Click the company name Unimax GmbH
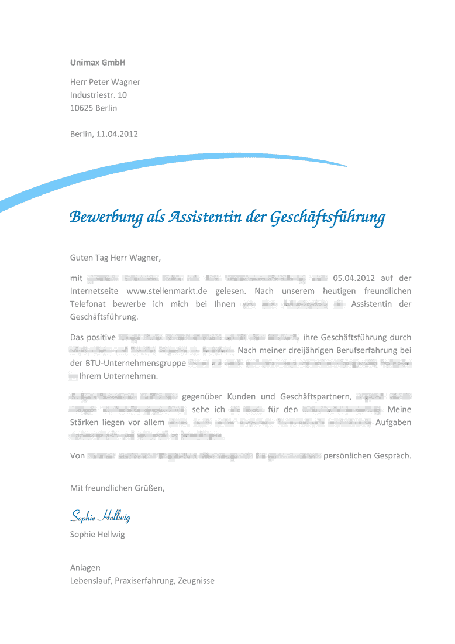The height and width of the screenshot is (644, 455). (x=98, y=62)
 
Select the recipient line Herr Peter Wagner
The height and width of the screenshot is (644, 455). (x=105, y=82)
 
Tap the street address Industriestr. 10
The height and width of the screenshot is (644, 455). (x=98, y=95)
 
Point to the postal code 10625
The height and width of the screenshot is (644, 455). (x=81, y=108)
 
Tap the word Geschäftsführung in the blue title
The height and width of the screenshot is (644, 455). (x=327, y=218)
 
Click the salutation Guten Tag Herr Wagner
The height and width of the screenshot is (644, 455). (x=115, y=257)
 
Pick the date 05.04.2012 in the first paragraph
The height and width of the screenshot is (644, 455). (x=354, y=278)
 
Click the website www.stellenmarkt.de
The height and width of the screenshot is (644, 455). (x=167, y=291)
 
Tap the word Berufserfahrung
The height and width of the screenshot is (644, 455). (x=362, y=350)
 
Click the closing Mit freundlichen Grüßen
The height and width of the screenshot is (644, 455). (x=117, y=488)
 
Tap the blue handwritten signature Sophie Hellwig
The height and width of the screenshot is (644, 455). (x=100, y=516)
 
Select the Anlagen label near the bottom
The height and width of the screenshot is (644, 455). (x=85, y=568)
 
